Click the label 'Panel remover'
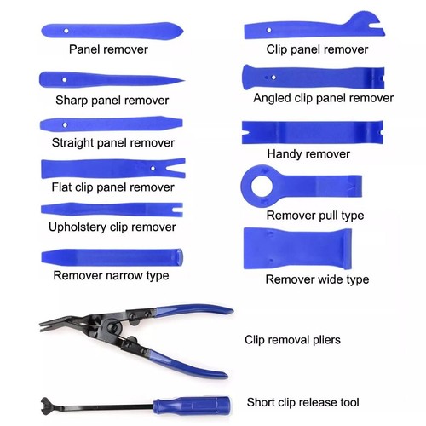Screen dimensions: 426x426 point(108,49)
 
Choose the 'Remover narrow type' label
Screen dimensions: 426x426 point(111,275)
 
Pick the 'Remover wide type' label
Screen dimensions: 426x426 point(316,279)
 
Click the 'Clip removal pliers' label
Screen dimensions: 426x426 point(292,340)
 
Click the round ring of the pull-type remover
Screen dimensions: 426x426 point(256,181)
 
